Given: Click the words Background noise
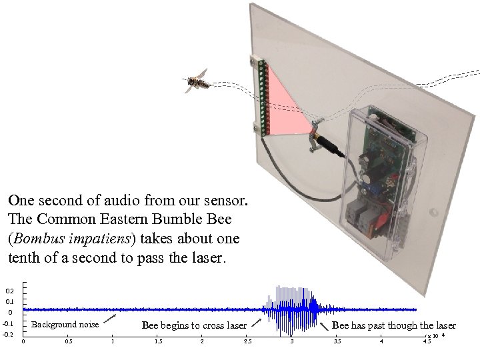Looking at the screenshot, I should tap(65, 325).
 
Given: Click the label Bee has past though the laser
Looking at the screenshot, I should tap(393, 325).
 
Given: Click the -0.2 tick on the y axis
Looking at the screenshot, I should tap(8, 334).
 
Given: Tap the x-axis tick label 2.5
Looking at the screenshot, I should tap(247, 342).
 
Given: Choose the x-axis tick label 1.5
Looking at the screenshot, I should tap(158, 342).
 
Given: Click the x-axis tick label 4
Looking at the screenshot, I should tap(381, 342).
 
